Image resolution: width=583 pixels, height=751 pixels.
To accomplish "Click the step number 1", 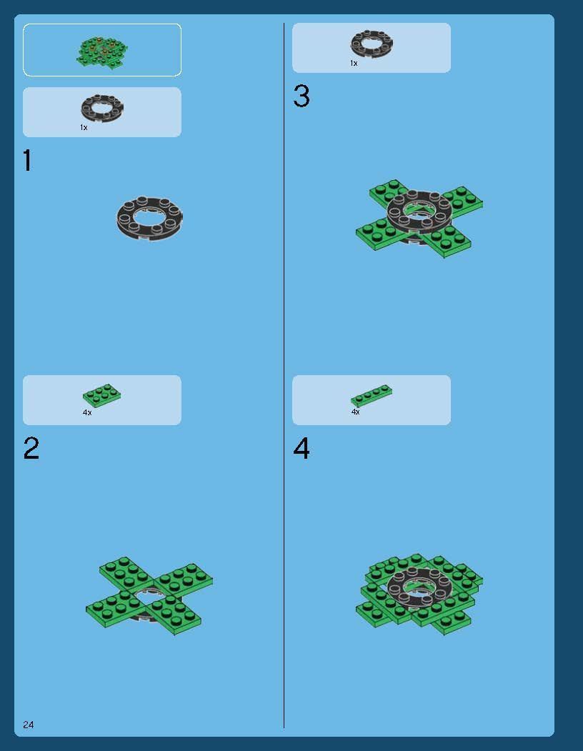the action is pos(27,161).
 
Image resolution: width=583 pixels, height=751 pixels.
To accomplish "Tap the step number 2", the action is pos(31,448).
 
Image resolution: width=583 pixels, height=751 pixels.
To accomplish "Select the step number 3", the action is pos(302,96).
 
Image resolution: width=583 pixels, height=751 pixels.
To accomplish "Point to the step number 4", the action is pos(302,448).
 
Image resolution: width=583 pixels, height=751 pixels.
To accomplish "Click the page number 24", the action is pos(29,725).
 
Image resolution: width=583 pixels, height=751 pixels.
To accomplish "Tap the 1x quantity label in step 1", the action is pos(84,127).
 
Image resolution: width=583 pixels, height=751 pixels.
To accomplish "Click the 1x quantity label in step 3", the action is pos(354,63).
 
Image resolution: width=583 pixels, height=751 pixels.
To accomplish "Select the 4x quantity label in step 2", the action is pos(87,412).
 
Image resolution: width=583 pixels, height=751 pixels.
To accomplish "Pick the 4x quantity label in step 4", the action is pos(356,412).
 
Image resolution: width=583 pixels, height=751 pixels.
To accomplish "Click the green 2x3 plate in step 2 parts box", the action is pos(101,395).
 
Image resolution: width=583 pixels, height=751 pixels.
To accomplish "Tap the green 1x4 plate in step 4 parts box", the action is pos(372,396).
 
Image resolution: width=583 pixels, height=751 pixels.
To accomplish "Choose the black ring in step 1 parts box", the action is pos(102,108).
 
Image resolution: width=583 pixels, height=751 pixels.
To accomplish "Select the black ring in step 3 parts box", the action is pos(372,44).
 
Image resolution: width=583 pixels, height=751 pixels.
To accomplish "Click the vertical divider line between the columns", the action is pos(284,376).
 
